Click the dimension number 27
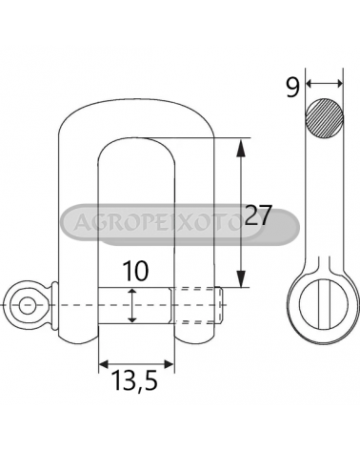259,215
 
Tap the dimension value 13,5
135,380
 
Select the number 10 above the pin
135,271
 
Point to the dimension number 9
292,88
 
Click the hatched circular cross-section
325,118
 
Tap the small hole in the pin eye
27,305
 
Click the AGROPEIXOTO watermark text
159,222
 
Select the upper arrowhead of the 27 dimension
241,148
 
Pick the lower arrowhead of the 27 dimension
241,279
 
